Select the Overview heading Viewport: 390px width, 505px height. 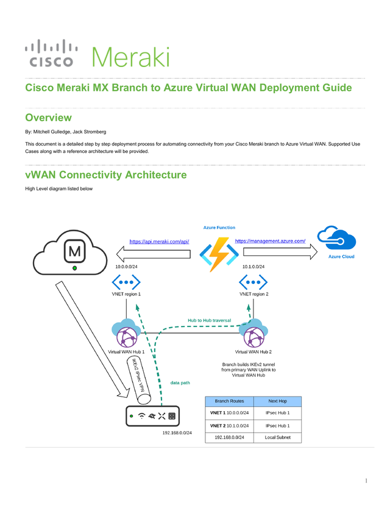[48, 118]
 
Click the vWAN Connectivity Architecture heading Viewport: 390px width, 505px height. [105, 175]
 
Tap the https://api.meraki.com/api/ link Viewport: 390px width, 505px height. [159, 241]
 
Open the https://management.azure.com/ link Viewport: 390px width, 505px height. [270, 241]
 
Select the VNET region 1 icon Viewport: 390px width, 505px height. [126, 282]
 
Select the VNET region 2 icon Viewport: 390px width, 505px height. [253, 282]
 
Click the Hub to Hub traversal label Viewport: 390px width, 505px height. [209, 320]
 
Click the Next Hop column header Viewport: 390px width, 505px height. [277, 401]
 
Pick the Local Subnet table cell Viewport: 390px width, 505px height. [277, 437]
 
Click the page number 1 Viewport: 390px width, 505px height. [366, 481]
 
